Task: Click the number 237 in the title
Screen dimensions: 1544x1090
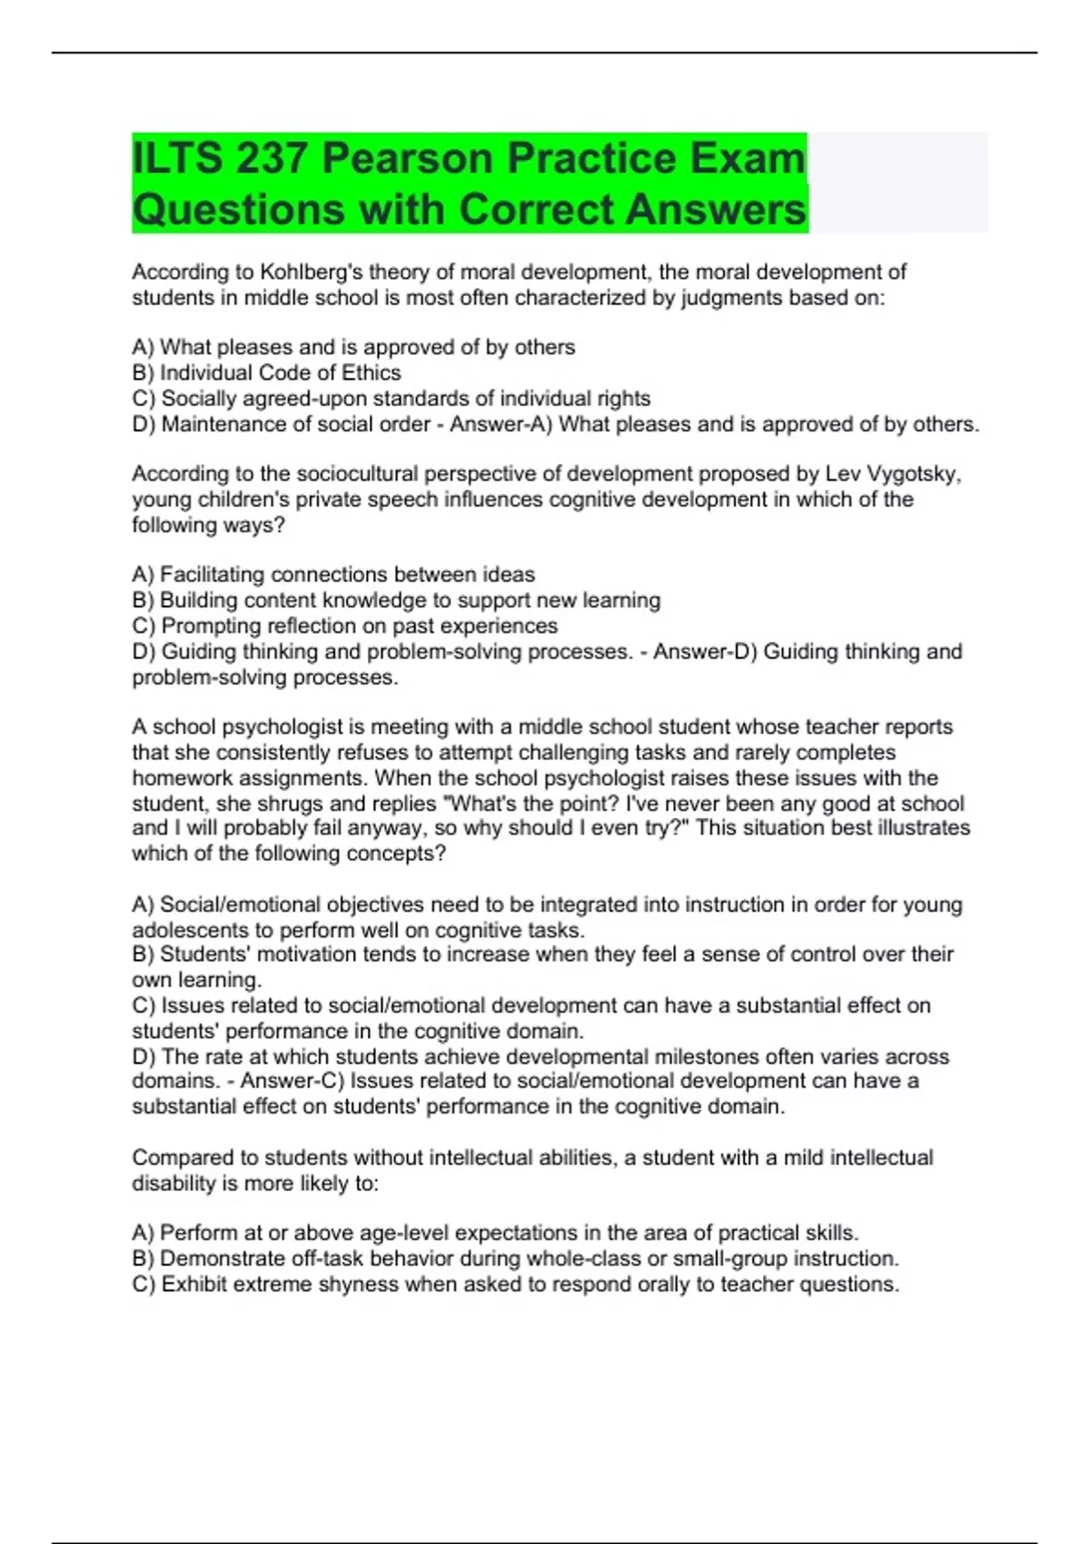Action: pyautogui.click(x=270, y=159)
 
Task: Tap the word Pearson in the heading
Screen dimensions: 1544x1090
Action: pyautogui.click(x=407, y=159)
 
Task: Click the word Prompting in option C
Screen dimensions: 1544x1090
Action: pyautogui.click(x=211, y=626)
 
